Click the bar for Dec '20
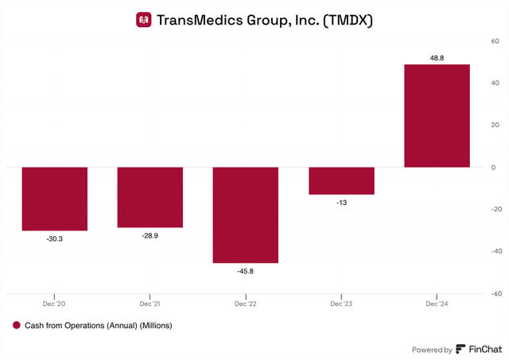[54, 199]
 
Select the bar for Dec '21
[150, 197]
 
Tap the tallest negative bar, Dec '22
[245, 215]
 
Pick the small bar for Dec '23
[341, 180]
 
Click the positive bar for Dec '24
[437, 116]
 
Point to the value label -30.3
[54, 238]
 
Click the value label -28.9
[150, 235]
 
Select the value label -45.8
[245, 271]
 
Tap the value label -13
[341, 203]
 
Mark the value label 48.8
[437, 57]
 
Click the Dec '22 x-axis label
[245, 304]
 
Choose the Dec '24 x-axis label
[437, 304]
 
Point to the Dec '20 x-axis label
[54, 304]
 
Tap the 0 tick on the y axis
[493, 168]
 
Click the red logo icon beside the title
[144, 19]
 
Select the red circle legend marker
[17, 325]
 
